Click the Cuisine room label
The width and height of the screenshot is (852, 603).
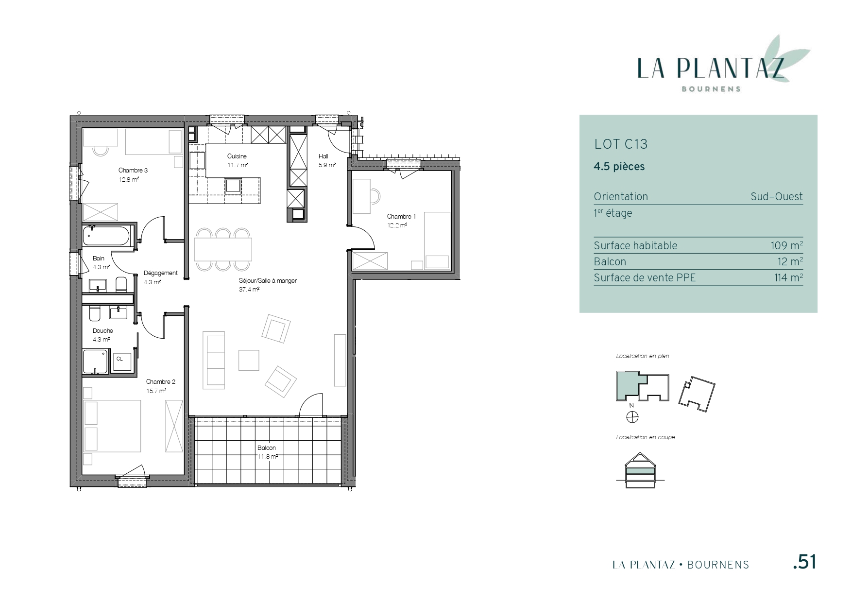(237, 156)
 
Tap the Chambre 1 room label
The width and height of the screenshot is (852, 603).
(401, 217)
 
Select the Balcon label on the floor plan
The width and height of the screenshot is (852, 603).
(267, 448)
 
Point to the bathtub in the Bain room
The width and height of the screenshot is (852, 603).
(107, 236)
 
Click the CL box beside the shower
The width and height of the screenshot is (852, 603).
(120, 359)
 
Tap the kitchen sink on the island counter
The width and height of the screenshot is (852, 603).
(233, 186)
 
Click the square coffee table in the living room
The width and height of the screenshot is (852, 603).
(249, 360)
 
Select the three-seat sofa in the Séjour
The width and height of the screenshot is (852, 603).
(214, 360)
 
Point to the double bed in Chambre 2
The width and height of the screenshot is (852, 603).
(113, 425)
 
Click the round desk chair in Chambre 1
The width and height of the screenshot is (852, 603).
(375, 196)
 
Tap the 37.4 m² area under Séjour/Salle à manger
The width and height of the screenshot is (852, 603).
(249, 290)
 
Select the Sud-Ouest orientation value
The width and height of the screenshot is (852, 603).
(777, 197)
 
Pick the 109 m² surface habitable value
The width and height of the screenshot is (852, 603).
(787, 245)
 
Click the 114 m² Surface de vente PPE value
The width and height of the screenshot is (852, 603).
(788, 277)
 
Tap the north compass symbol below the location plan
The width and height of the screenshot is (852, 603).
(632, 417)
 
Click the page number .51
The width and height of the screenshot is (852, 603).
(804, 562)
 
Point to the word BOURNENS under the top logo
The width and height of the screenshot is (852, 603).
(711, 89)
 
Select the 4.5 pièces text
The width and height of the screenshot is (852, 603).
(619, 167)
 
